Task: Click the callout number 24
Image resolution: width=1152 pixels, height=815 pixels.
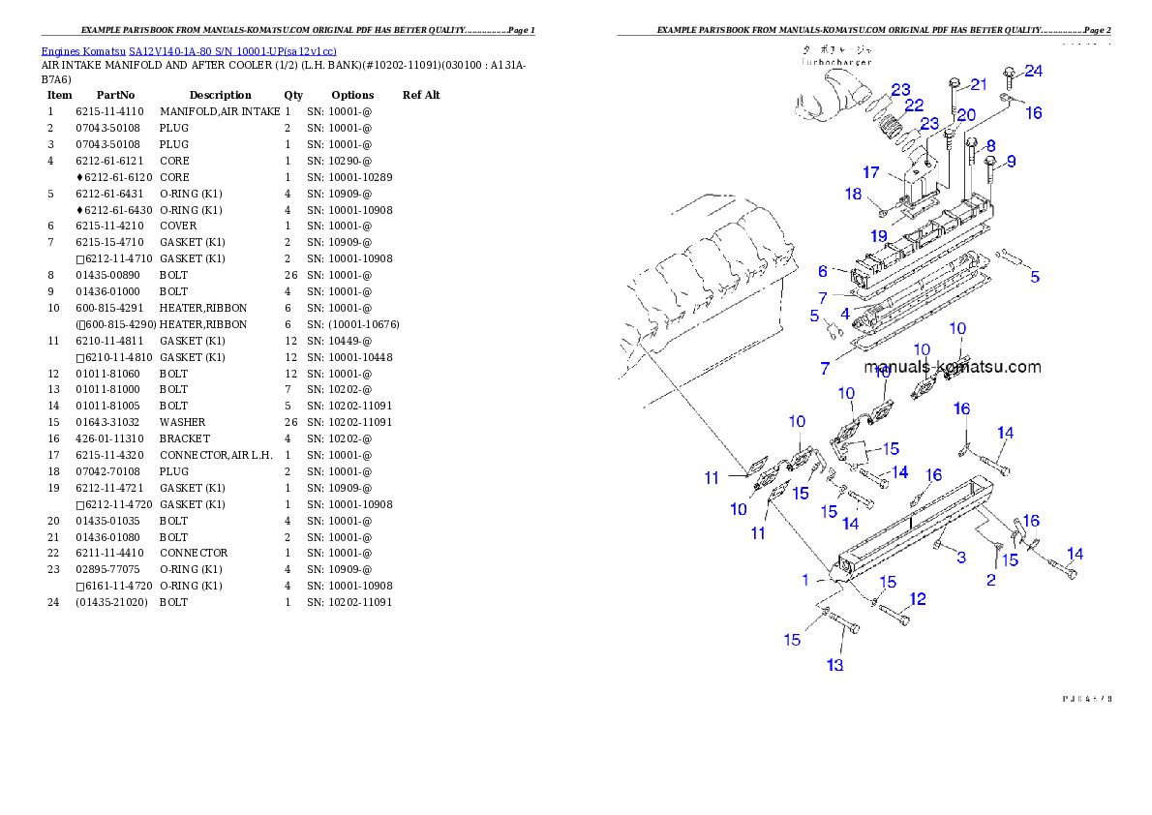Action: [1034, 71]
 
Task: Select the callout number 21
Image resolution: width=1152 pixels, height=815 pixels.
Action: [979, 84]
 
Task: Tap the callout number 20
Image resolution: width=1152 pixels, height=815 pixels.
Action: [966, 114]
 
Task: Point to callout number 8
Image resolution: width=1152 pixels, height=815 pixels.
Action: [988, 146]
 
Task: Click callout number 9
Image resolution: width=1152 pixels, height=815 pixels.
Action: [1010, 162]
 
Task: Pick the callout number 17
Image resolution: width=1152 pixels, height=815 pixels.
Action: [870, 172]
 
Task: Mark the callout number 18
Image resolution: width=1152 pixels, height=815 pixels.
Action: [852, 194]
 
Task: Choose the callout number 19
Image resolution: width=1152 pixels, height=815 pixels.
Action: [878, 235]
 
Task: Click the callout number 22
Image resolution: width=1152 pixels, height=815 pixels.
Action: [914, 106]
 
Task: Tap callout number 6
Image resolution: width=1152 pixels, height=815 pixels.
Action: [823, 273]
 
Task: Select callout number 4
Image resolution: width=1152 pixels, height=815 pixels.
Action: [845, 315]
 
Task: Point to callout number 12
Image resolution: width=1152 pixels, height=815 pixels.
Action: [917, 599]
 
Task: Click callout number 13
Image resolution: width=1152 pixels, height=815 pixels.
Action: [834, 665]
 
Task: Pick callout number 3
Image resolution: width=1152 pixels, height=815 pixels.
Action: [960, 558]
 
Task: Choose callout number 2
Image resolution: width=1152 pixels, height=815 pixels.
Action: [990, 580]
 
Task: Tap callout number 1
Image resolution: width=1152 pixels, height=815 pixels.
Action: [804, 580]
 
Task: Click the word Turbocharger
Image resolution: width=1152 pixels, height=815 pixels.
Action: [835, 62]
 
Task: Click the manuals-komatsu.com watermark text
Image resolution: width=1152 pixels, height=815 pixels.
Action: [953, 367]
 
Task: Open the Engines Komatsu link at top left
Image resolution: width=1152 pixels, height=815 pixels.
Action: [189, 51]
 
